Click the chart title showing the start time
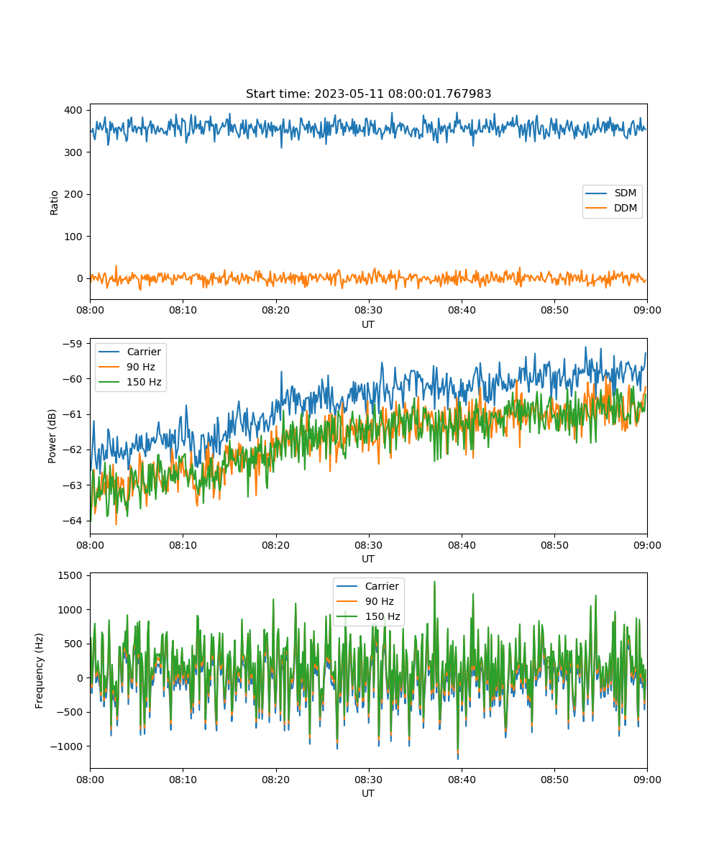[x=368, y=93]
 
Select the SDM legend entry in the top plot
[x=610, y=193]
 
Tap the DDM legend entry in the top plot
[x=610, y=208]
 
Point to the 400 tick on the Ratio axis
[x=73, y=110]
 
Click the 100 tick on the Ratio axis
[x=73, y=237]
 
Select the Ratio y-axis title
[x=54, y=203]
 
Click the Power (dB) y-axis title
[x=52, y=437]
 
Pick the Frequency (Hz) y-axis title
[x=39, y=671]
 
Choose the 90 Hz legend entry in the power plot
[x=127, y=367]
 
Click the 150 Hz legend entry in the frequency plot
[x=368, y=616]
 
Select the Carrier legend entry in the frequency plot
[x=367, y=586]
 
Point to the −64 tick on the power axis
[x=73, y=521]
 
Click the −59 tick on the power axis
[x=73, y=344]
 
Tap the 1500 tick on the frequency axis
[x=70, y=576]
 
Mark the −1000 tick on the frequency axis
[x=67, y=746]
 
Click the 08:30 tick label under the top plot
[x=369, y=310]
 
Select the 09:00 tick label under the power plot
[x=647, y=545]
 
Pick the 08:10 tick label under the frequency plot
[x=183, y=780]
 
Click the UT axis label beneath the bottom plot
[x=368, y=793]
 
